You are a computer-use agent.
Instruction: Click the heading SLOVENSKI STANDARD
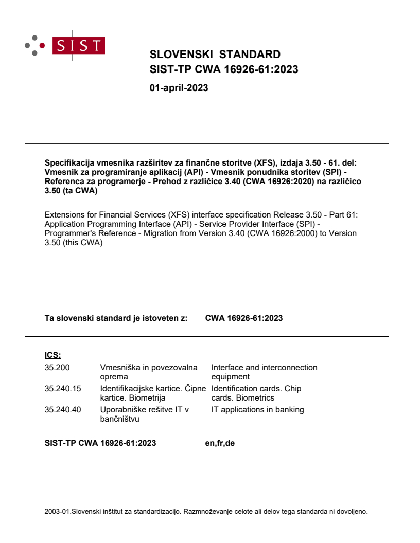coord(215,55)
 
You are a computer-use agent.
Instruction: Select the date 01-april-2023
coord(179,88)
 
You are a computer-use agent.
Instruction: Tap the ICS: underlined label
coord(53,355)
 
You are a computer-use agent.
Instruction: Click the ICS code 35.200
coord(57,368)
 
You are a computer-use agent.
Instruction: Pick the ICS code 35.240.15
coord(63,389)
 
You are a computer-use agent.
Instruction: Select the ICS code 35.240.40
coord(63,410)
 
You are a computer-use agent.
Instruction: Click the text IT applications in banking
coord(257,410)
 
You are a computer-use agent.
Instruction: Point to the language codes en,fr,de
coord(220,443)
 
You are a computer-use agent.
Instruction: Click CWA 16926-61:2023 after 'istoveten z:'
coord(243,318)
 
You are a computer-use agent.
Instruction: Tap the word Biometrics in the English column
coord(256,398)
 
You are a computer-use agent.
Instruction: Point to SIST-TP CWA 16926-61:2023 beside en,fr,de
coord(100,443)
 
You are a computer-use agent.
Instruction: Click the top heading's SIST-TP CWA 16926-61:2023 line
coord(223,69)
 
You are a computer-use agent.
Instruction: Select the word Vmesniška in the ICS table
coord(119,368)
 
